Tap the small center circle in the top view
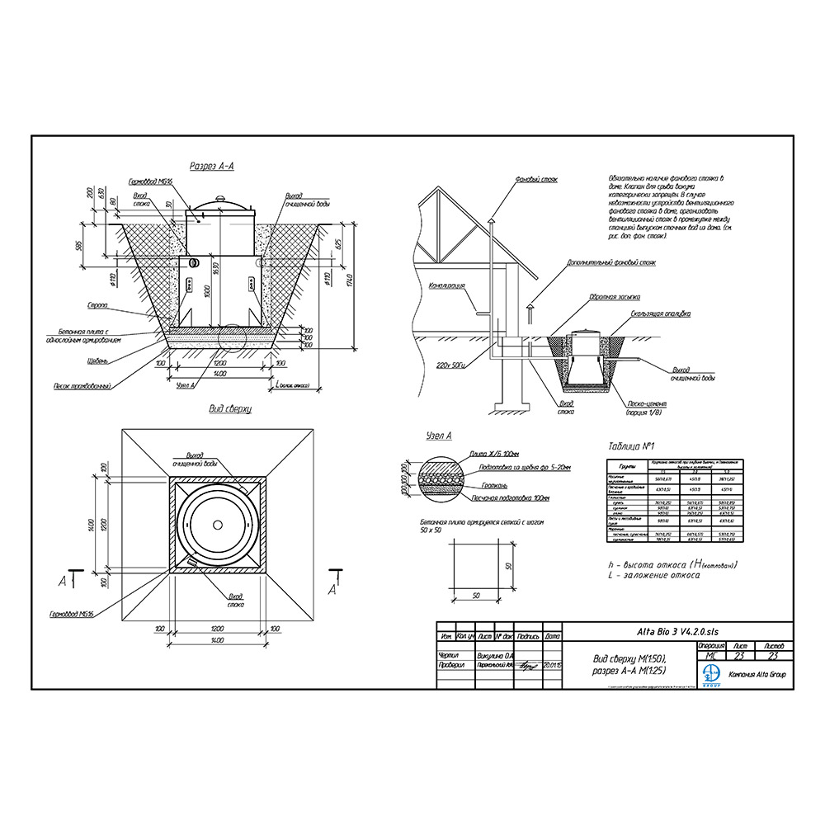(x=218, y=525)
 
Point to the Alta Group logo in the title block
(x=710, y=675)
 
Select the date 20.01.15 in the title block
(x=551, y=664)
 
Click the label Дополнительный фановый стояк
(x=611, y=262)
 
